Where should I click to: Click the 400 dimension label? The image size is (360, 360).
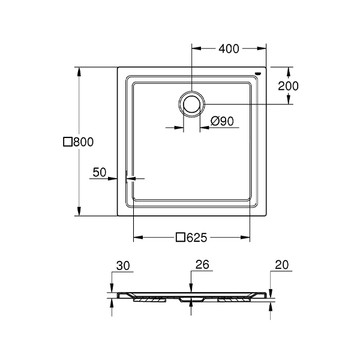[x=229, y=49]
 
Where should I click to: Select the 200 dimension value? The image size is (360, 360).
[x=288, y=86]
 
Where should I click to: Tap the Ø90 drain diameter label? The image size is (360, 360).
[x=222, y=121]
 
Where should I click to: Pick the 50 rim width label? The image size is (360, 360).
[x=100, y=172]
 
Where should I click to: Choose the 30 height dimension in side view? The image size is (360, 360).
[x=123, y=266]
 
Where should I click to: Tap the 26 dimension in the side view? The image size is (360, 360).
[x=202, y=265]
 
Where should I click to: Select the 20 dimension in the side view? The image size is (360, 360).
[x=281, y=265]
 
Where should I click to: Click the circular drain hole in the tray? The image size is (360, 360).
[x=192, y=104]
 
